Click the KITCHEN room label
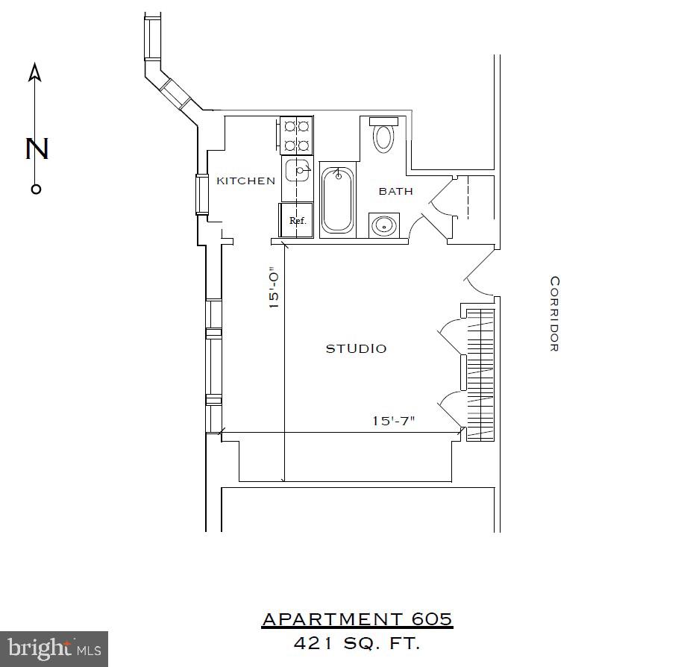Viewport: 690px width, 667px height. [245, 181]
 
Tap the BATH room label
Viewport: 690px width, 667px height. [395, 191]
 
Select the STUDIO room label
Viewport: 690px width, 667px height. [356, 348]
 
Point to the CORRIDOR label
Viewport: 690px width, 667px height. [554, 313]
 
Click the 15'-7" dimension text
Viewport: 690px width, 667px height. [394, 421]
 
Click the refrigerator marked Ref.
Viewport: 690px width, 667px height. [297, 220]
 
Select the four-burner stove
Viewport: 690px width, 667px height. [297, 136]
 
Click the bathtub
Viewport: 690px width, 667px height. [337, 200]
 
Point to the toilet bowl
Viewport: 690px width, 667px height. [383, 137]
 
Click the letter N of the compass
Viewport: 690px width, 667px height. [37, 148]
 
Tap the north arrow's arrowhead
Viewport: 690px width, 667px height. [35, 72]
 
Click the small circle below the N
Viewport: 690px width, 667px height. [36, 189]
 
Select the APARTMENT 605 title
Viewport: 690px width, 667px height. [357, 619]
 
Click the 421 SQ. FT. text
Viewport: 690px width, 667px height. [357, 643]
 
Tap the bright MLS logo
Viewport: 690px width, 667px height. [54, 648]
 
